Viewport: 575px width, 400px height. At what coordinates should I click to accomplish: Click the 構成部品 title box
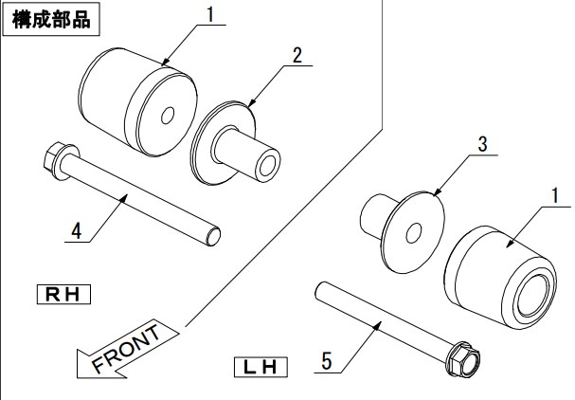pos(51,19)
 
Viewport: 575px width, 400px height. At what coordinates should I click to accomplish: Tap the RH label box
pos(63,294)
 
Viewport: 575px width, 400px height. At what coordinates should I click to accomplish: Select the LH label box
pos(261,367)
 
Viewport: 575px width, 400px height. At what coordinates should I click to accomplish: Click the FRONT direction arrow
pos(127,350)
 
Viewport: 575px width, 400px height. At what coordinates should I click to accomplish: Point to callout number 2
pos(297,55)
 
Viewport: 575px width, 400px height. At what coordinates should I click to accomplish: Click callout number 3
pos(482,144)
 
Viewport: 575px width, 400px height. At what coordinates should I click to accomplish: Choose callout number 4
pos(77,231)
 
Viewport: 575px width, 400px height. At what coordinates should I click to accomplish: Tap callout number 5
pos(327,361)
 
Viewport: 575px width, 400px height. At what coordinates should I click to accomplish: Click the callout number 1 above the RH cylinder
pos(209,14)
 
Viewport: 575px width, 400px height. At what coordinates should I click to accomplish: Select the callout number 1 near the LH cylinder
pos(555,195)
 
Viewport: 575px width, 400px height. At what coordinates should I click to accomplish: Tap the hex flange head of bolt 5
pos(463,358)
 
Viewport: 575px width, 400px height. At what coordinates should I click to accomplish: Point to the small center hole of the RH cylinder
pos(168,116)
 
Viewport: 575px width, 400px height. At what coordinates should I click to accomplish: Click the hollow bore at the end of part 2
pos(267,166)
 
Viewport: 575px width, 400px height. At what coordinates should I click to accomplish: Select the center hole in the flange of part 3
pos(414,233)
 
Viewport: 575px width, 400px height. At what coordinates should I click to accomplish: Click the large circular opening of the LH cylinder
pos(532,295)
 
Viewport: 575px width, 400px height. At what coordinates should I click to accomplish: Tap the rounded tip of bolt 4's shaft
pos(213,236)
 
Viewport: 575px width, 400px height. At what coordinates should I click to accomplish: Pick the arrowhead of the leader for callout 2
pos(251,104)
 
